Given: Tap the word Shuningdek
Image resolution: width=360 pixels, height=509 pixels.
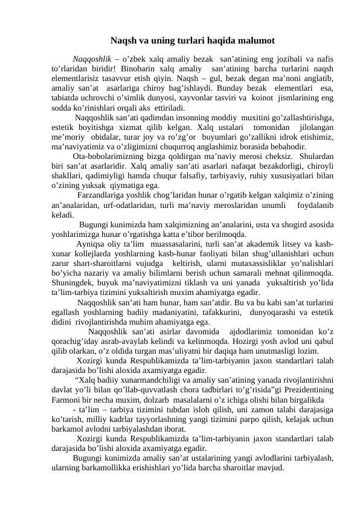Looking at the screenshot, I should [74, 284].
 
